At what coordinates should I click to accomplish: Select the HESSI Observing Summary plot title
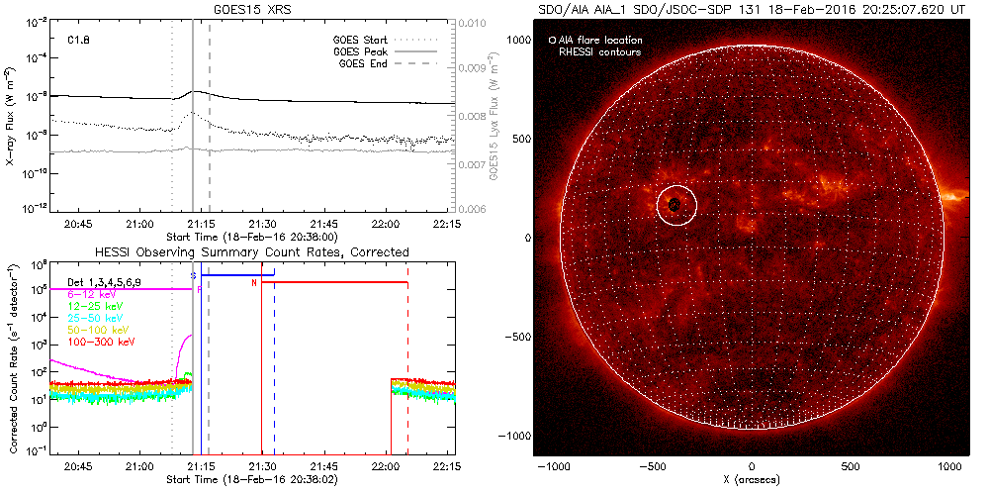tap(251, 250)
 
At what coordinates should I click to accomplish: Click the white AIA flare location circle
tap(677, 205)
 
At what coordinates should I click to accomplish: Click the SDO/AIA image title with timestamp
tap(752, 9)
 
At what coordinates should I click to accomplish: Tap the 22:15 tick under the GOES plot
tap(447, 224)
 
